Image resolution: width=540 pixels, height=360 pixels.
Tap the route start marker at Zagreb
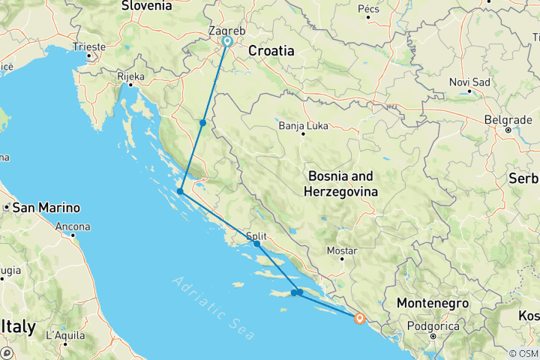[227, 42]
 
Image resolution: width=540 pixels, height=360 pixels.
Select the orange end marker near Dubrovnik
[360, 318]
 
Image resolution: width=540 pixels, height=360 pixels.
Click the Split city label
[256, 235]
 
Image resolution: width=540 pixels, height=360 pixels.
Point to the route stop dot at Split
[256, 244]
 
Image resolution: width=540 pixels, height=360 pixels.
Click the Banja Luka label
[303, 125]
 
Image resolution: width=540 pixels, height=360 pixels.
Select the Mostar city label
[341, 250]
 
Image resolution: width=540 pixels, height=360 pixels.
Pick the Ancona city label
[73, 226]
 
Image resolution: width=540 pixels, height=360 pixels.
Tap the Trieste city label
[89, 46]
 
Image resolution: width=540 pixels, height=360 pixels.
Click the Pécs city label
[369, 8]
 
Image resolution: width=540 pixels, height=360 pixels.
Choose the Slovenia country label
[147, 5]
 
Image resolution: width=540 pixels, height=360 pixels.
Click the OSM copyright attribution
[523, 353]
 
